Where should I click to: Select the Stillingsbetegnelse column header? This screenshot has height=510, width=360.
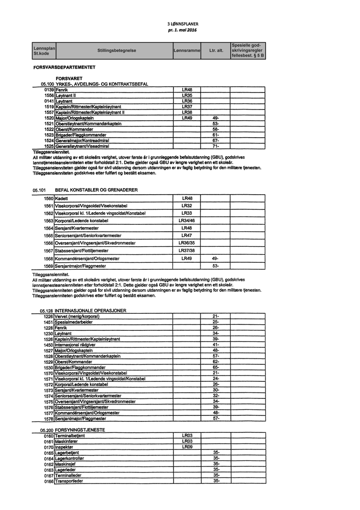pyautogui.click(x=116, y=51)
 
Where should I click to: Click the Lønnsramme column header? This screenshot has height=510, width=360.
pyautogui.click(x=186, y=51)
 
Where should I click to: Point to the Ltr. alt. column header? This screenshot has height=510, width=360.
pyautogui.click(x=216, y=51)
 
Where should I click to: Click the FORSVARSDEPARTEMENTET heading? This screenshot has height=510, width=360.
pyautogui.click(x=64, y=67)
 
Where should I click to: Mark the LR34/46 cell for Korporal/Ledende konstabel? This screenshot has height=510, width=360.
pyautogui.click(x=186, y=220)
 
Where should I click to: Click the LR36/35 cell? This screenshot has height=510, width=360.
pyautogui.click(x=186, y=243)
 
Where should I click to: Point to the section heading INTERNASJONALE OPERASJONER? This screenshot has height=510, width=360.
pyautogui.click(x=90, y=310)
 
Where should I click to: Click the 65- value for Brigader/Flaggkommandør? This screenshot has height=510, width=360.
pyautogui.click(x=215, y=367)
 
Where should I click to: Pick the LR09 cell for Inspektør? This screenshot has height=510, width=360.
pyautogui.click(x=186, y=446)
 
